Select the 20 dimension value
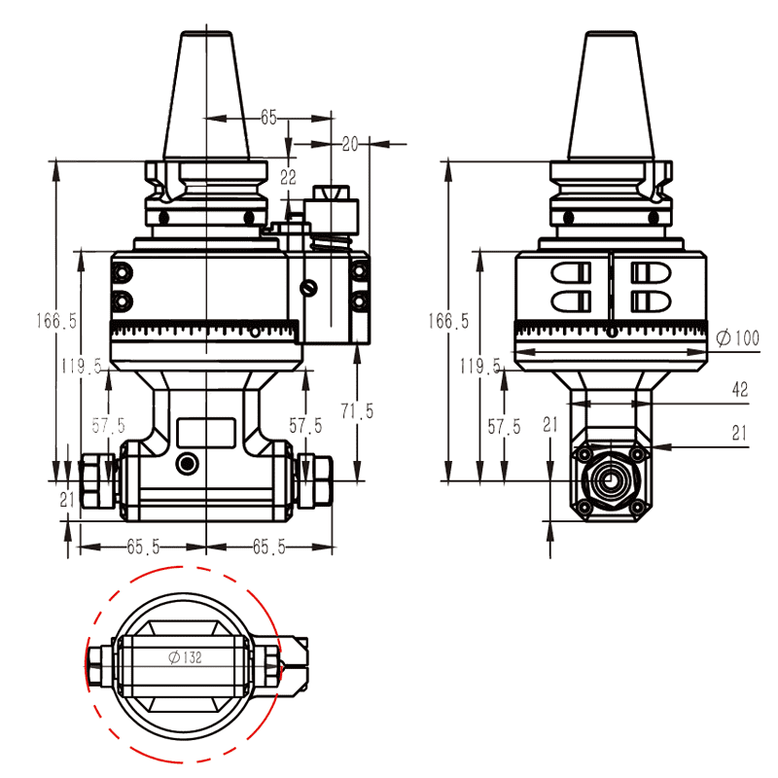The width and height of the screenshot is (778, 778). (350, 144)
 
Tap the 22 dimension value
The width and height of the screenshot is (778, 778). (288, 177)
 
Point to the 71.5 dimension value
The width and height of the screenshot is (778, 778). (356, 411)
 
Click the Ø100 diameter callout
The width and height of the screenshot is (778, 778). (736, 338)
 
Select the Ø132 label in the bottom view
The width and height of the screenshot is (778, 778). (185, 657)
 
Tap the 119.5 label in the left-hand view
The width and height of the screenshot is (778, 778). (81, 367)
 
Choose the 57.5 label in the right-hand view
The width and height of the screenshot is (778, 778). (503, 426)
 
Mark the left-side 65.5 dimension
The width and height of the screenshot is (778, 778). (143, 547)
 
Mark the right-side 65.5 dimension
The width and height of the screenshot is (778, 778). (268, 547)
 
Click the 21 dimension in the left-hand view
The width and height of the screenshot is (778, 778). (67, 500)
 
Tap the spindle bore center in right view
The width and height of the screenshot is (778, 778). (610, 480)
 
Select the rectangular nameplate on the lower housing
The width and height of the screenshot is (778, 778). (205, 431)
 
